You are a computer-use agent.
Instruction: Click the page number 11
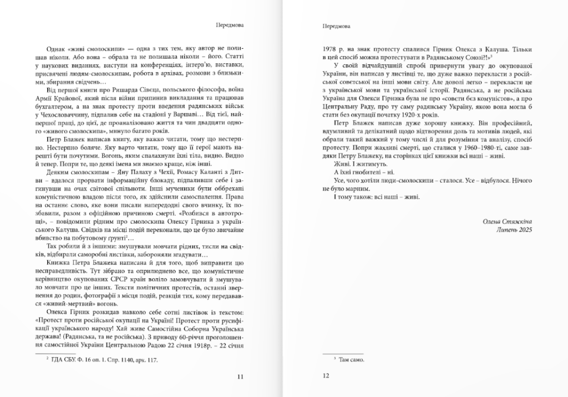pos(240,376)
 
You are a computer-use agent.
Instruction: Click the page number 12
pos(326,376)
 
